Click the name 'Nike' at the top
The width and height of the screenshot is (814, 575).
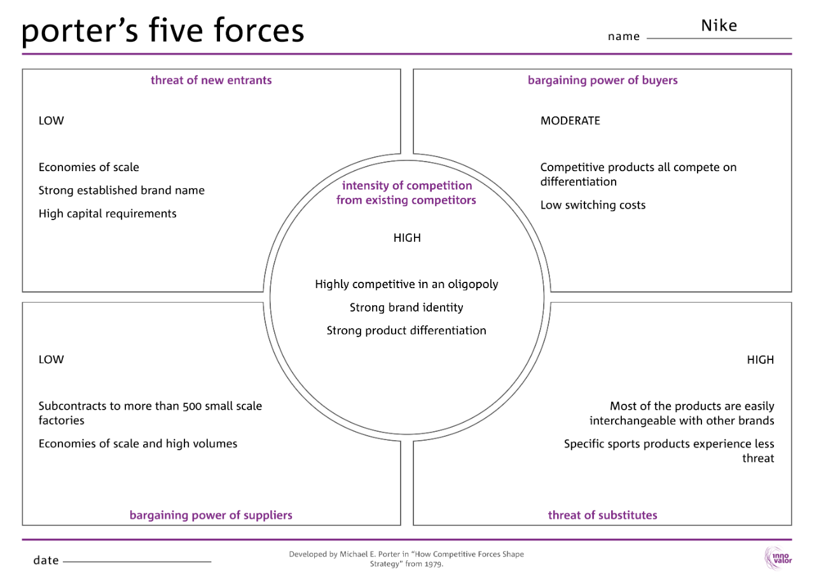(719, 25)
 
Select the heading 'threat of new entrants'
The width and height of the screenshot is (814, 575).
(211, 80)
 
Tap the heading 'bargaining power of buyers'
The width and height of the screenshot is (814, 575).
(602, 80)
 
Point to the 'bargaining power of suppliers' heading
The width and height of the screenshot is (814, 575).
(210, 515)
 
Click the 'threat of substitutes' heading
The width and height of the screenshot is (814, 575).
(602, 515)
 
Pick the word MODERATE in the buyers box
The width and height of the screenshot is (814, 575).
(570, 121)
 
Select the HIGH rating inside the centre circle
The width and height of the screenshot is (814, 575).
(407, 238)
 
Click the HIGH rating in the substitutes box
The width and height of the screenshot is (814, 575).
(760, 360)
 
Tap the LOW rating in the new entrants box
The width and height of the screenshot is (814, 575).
(51, 121)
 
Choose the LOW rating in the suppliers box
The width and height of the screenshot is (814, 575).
(51, 360)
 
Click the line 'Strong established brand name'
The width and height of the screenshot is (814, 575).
(121, 191)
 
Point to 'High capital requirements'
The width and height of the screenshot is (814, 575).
(107, 214)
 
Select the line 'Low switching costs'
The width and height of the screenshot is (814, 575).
(593, 205)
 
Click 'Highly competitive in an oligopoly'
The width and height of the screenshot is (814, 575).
(406, 284)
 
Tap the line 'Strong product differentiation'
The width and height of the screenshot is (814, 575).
(406, 331)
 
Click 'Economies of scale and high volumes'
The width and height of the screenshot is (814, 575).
(137, 444)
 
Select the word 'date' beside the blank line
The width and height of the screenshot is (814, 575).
(46, 560)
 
